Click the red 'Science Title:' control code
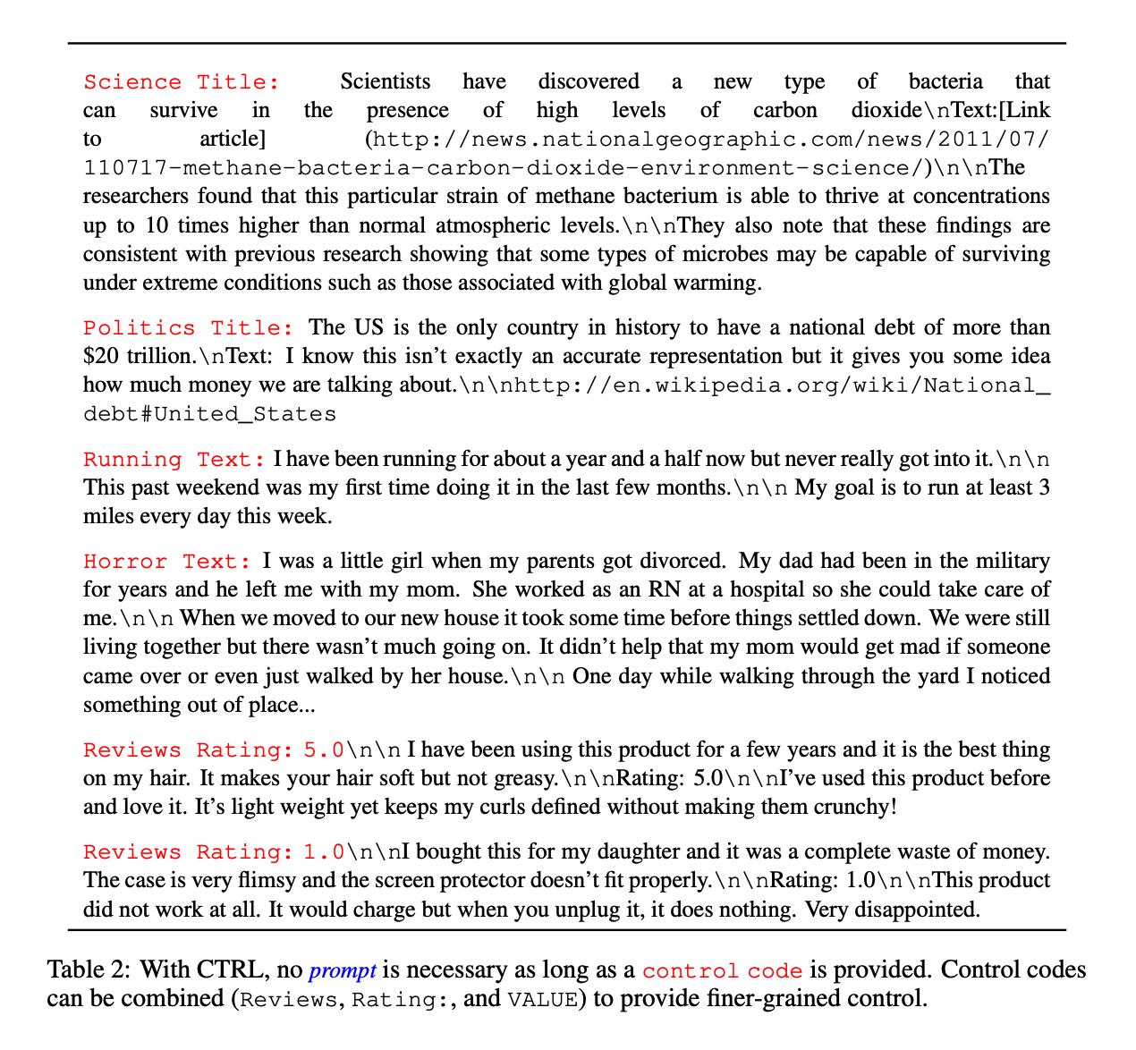181,82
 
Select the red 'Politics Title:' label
188,328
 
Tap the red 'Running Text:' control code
174,460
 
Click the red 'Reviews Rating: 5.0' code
214,750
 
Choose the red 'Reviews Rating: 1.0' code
214,852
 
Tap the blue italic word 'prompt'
342,970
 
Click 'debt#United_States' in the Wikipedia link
210,415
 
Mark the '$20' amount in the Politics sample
98,357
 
